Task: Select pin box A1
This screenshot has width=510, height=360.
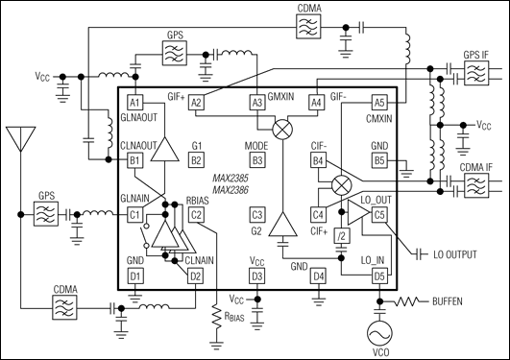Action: tap(134, 103)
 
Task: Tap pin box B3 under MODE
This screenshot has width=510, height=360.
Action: tap(257, 160)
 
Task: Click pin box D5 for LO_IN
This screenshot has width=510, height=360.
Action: tap(379, 276)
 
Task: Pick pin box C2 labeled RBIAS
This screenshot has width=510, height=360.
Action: tap(196, 215)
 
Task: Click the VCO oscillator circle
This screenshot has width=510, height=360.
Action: tap(379, 333)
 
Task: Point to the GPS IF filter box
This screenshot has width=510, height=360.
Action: tap(476, 73)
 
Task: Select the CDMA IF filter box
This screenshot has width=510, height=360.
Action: tap(476, 185)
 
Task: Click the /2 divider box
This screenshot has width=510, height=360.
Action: tap(342, 236)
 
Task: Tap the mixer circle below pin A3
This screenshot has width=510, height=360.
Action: tap(282, 130)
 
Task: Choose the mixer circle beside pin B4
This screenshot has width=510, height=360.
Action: tap(342, 185)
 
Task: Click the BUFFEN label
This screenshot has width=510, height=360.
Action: tap(448, 301)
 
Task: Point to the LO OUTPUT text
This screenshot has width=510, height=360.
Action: tap(455, 254)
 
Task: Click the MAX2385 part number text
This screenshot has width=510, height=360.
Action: tap(231, 179)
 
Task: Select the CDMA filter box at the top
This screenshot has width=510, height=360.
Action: tap(308, 27)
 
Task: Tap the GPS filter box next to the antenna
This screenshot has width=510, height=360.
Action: tap(46, 214)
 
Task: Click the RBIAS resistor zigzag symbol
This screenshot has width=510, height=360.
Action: tap(216, 317)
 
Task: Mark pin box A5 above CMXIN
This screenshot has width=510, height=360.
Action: tap(379, 103)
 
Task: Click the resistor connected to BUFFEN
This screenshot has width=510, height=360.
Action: tap(407, 301)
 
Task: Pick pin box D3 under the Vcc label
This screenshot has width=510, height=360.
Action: tap(257, 276)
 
